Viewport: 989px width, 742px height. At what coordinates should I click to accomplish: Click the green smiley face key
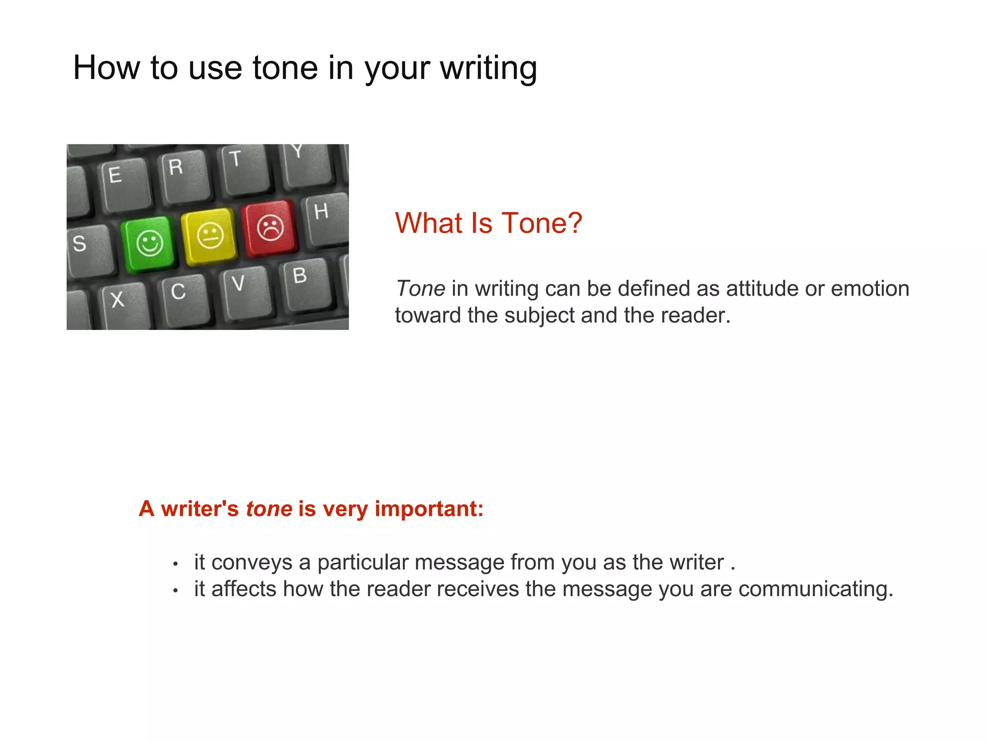click(x=149, y=243)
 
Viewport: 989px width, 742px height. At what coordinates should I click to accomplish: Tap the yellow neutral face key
click(x=210, y=236)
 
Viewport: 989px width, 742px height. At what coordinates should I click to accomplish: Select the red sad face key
click(x=270, y=227)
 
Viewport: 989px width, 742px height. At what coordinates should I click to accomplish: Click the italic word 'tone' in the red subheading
click(x=269, y=509)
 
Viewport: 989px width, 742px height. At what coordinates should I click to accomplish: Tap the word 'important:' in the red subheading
click(x=429, y=509)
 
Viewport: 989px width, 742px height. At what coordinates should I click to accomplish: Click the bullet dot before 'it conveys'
click(x=176, y=564)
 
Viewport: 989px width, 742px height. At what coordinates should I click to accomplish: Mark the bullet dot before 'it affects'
click(x=176, y=590)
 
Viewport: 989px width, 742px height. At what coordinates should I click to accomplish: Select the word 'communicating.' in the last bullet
click(x=816, y=589)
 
